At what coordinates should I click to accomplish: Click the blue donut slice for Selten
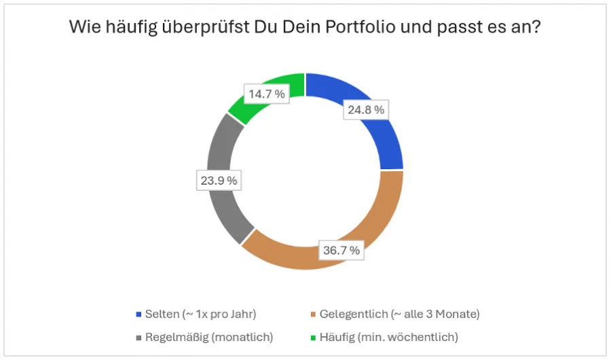point(380,136)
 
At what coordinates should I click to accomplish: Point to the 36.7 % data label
point(340,251)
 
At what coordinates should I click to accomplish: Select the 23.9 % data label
point(217,181)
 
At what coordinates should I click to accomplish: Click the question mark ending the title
point(536,29)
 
